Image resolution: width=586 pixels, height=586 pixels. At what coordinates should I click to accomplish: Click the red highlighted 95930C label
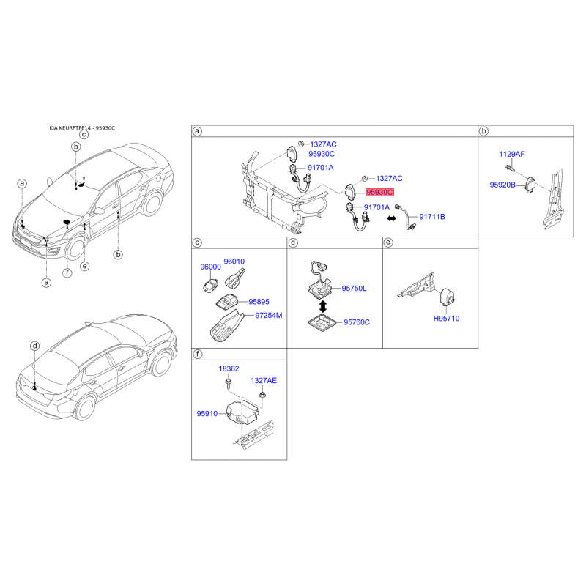click(x=379, y=192)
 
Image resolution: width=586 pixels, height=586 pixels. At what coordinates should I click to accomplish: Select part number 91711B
click(x=432, y=217)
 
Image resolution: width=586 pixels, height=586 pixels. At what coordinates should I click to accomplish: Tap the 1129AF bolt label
click(x=511, y=154)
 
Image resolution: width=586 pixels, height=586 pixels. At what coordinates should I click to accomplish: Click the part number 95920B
click(x=502, y=185)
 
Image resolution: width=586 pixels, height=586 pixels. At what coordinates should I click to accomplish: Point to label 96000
click(x=210, y=267)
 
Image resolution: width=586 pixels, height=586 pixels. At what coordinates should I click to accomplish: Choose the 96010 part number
click(x=234, y=262)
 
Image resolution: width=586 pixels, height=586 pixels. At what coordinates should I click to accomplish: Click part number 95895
click(x=259, y=302)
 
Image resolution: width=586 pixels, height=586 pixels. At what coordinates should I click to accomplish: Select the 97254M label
click(x=268, y=316)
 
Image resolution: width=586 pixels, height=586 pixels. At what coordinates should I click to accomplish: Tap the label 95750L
click(x=354, y=289)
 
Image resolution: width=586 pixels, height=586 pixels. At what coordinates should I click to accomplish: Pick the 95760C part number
click(x=357, y=322)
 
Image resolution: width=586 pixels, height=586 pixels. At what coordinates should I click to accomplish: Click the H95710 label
click(x=446, y=319)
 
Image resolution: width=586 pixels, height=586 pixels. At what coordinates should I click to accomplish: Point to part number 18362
click(x=229, y=368)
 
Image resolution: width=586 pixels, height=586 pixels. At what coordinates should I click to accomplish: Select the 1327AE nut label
click(x=264, y=380)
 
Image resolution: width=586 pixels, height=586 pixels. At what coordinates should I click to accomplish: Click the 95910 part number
click(x=207, y=413)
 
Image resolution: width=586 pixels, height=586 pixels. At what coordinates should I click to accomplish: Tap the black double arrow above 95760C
click(x=323, y=306)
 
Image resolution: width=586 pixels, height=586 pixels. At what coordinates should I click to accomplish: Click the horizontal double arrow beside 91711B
click(x=391, y=218)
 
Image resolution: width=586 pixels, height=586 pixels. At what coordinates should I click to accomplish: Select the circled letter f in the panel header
click(x=198, y=354)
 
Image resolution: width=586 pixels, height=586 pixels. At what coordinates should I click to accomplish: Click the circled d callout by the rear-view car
click(x=34, y=346)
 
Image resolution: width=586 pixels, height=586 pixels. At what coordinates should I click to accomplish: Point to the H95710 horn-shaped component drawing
click(x=448, y=297)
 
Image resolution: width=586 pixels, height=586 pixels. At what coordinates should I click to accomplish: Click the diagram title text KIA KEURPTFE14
click(x=70, y=128)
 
